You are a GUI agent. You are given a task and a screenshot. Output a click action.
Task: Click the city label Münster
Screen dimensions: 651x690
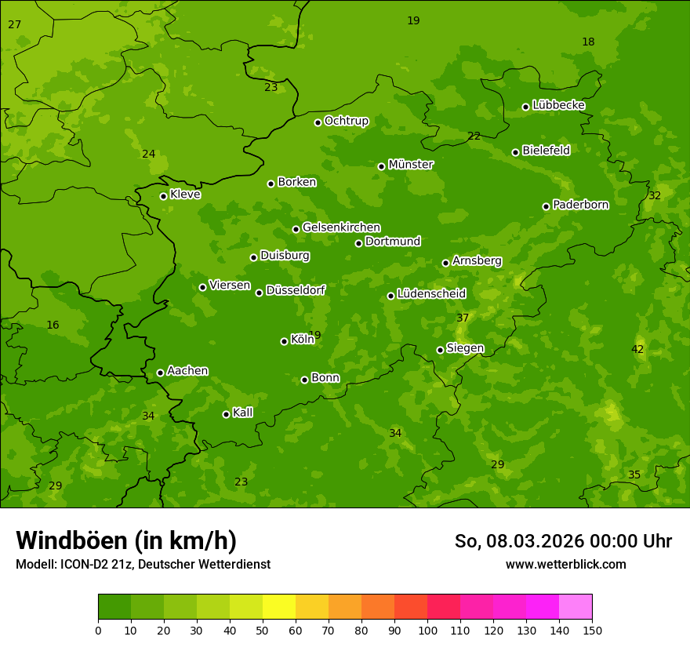[x=410, y=165]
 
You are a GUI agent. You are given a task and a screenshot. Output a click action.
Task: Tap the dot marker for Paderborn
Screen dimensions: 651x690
[x=547, y=206]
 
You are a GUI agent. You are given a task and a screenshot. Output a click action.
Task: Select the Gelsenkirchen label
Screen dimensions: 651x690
[x=341, y=227]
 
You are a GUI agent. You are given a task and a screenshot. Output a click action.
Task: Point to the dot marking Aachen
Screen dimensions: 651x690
[x=161, y=373]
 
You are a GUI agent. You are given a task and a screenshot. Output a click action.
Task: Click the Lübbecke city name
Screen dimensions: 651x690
[x=558, y=105]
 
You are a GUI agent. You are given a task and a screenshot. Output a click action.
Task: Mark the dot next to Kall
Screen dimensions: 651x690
[x=227, y=414]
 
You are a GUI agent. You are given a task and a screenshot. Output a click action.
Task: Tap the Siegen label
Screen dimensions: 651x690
[x=465, y=348]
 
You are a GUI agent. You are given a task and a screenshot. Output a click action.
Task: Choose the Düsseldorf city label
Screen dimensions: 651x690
[x=296, y=290]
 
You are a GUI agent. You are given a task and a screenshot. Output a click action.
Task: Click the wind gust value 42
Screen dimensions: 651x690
[x=637, y=349]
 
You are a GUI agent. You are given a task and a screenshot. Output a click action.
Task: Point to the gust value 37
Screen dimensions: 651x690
[x=463, y=318]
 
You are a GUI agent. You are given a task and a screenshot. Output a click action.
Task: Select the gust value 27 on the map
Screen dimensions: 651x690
[x=15, y=25]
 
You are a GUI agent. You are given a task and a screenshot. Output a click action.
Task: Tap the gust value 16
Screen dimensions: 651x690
[x=53, y=325]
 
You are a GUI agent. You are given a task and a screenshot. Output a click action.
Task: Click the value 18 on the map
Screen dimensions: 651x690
[x=588, y=42]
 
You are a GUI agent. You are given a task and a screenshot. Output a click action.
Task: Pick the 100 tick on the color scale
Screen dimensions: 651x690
[x=427, y=630]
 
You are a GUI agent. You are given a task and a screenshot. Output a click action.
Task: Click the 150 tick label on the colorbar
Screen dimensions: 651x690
[x=592, y=630]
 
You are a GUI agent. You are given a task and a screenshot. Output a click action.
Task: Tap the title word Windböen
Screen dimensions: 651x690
[x=71, y=540]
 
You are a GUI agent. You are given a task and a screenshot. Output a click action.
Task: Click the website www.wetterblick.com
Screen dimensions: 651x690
[x=565, y=564]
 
